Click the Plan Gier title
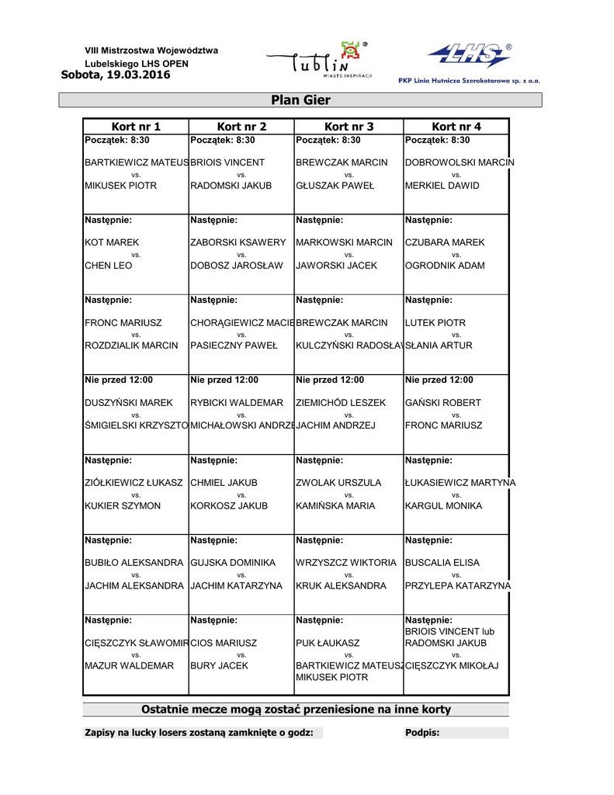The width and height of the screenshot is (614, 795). coord(300,100)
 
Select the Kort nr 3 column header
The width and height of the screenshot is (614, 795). coord(349,127)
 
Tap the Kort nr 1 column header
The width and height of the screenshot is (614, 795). coord(136,127)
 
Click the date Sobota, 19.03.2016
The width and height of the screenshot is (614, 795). coord(115,75)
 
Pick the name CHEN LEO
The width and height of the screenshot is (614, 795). coord(109,266)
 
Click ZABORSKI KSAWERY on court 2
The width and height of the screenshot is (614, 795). coord(238,243)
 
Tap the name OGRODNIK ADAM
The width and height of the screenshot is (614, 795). coord(445,266)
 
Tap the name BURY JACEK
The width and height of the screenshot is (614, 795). coord(219,666)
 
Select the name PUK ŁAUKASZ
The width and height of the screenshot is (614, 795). coord(328,644)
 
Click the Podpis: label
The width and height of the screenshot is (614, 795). coord(422,733)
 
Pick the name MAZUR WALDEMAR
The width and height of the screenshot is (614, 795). coord(129,666)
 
